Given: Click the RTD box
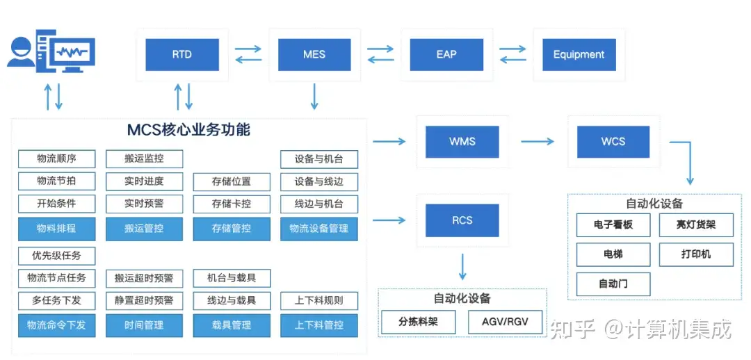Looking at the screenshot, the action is click(182, 55).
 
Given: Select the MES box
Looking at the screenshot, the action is click(314, 55).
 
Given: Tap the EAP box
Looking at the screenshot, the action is click(446, 55).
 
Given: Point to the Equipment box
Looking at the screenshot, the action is click(579, 55).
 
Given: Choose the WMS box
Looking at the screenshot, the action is click(462, 142).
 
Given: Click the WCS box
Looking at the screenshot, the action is click(613, 142).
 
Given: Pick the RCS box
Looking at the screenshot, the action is click(462, 220).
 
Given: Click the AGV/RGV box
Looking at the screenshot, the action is click(505, 322).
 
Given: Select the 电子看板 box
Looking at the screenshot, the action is click(613, 225).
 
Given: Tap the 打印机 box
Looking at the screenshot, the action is click(696, 254).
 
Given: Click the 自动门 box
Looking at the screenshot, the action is click(613, 284).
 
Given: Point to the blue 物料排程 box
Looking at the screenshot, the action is click(56, 229).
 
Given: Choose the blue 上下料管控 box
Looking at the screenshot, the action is click(319, 325).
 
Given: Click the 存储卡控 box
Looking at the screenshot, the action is click(232, 204).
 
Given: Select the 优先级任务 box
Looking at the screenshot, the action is click(56, 256).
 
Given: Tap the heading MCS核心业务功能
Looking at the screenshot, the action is click(188, 130).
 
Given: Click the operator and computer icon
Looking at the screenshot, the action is click(51, 51).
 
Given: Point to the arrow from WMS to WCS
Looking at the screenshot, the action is click(538, 141).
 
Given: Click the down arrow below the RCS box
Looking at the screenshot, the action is click(462, 266).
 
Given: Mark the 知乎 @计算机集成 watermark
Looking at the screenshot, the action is click(641, 329).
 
